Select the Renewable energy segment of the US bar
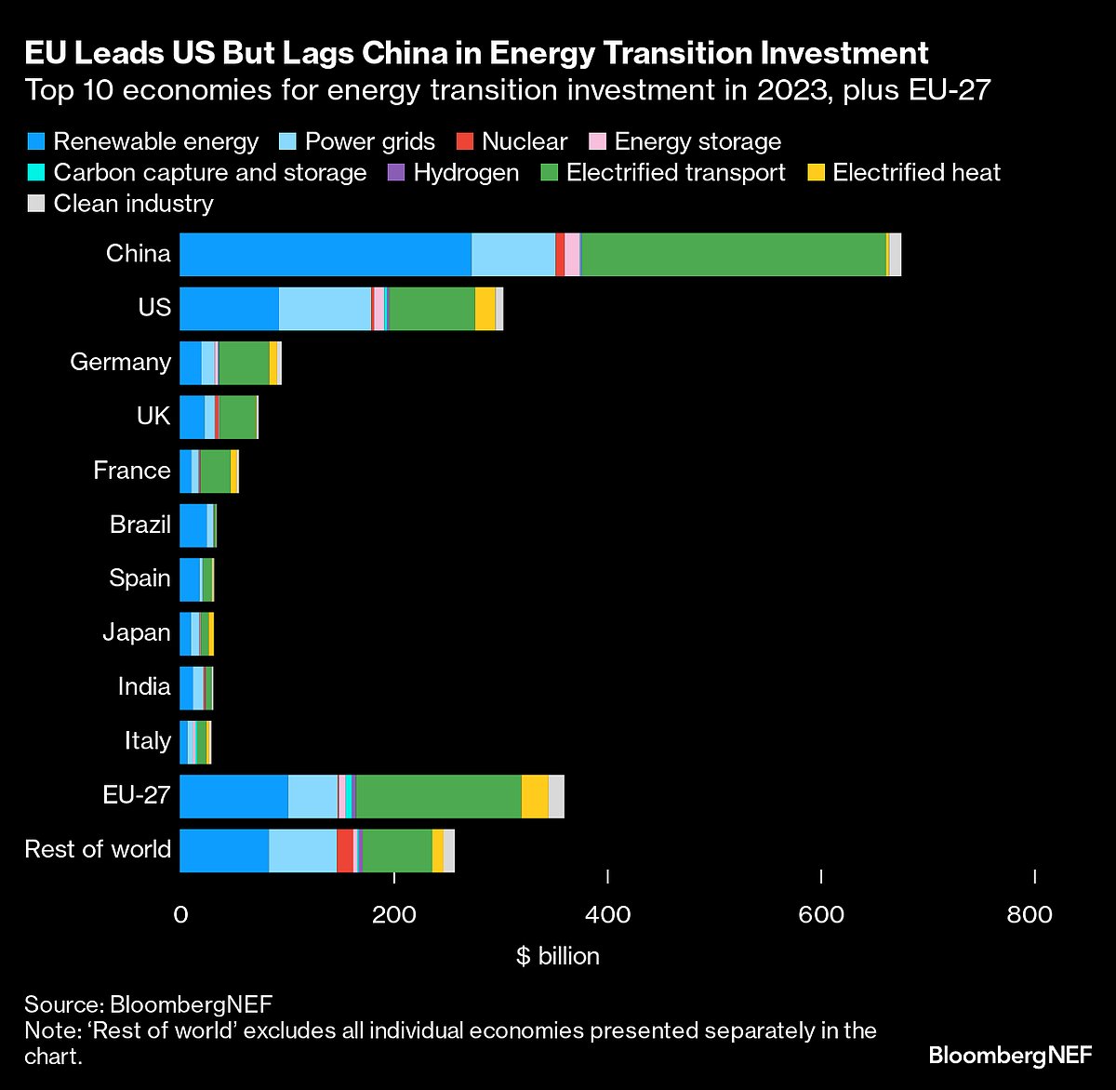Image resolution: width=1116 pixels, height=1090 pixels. click(229, 309)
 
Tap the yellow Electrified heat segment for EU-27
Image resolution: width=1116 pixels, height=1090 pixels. click(535, 796)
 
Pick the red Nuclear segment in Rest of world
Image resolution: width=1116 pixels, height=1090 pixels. click(345, 850)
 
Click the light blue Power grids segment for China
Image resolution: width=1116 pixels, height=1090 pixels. click(513, 255)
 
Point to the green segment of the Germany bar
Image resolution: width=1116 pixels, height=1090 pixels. click(244, 363)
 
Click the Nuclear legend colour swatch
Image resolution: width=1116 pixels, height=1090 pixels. click(466, 142)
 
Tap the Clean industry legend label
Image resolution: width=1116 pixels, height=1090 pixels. click(133, 204)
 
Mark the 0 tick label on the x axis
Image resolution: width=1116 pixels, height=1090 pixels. click(180, 915)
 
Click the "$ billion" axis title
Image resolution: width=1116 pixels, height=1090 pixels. click(558, 956)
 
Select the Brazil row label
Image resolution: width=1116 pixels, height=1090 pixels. click(140, 525)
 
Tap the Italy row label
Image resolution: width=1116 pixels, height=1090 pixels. click(148, 741)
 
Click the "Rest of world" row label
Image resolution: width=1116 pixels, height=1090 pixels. click(98, 849)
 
